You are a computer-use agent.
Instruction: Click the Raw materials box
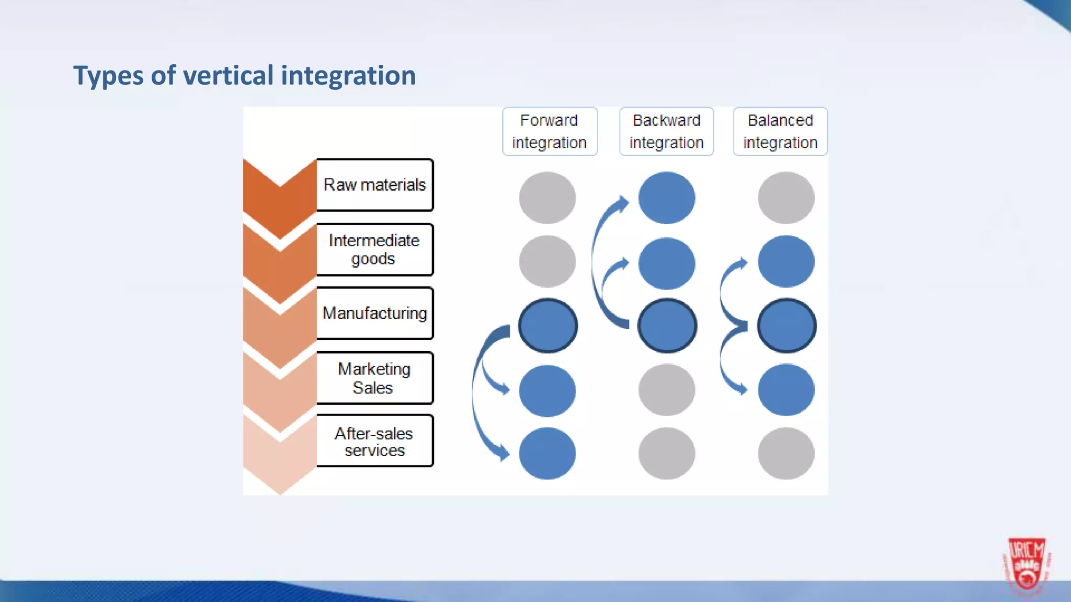pos(374,185)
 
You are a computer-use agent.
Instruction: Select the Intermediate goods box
pos(374,249)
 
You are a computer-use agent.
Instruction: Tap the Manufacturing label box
pos(374,313)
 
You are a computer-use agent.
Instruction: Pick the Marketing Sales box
pos(374,378)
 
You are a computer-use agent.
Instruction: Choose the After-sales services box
pos(374,441)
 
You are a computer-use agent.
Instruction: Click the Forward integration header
pos(550,131)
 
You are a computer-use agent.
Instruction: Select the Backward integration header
pos(666,131)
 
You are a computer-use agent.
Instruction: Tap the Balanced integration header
pos(780,131)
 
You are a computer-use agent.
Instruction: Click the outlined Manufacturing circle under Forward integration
pos(548,326)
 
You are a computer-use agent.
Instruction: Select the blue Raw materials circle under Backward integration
pos(667,198)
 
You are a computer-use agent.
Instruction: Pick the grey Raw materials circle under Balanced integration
pos(786,198)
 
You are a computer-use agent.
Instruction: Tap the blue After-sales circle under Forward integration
pos(548,453)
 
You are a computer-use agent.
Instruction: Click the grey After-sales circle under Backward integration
pos(667,453)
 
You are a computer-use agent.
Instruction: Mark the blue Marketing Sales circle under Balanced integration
pos(786,390)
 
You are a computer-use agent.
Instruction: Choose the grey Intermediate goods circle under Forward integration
pos(548,261)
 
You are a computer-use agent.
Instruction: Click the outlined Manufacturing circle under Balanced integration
pos(786,326)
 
